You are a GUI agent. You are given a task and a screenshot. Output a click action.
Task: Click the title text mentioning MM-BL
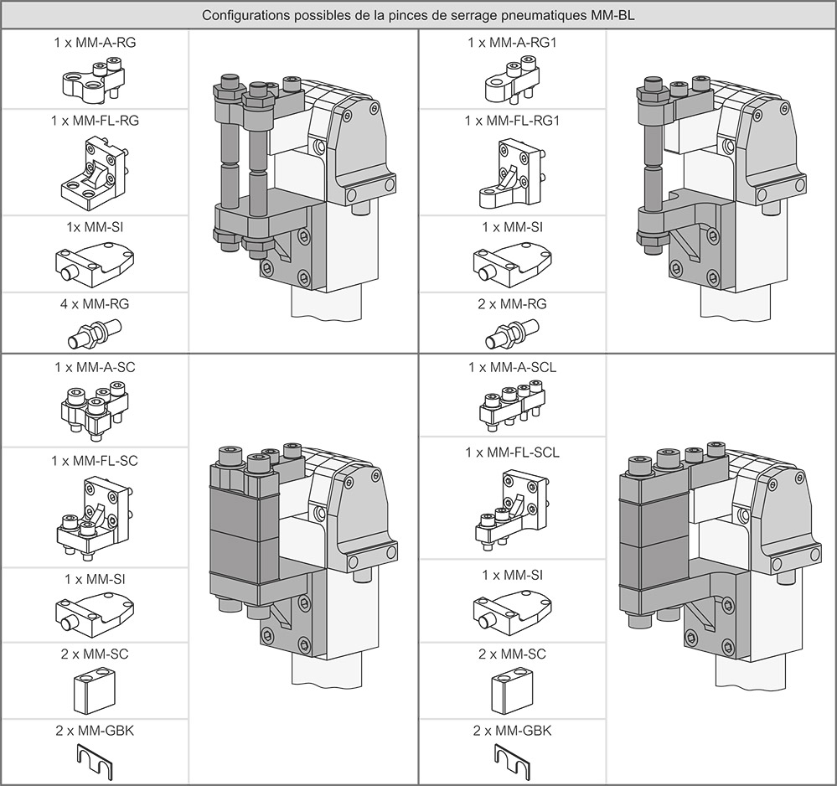coord(419,15)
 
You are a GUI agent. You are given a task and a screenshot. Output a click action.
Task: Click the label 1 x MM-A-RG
coord(95,43)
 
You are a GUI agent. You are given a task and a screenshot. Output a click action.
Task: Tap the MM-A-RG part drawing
coord(94,80)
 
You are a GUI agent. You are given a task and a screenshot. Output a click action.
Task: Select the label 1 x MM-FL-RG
coord(95,122)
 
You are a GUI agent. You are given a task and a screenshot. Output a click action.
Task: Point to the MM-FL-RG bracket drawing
coord(94,173)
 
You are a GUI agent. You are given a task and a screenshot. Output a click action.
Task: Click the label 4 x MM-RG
coord(95,304)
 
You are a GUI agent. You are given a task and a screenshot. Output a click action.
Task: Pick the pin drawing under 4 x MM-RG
coord(95,334)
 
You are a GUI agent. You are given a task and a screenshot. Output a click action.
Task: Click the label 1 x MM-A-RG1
coord(513,43)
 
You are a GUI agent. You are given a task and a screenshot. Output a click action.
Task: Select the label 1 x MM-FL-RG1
coord(513,122)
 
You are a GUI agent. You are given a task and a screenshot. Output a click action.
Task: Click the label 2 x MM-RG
coord(513,304)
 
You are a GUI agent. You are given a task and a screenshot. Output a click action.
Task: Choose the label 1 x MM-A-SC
coord(95,367)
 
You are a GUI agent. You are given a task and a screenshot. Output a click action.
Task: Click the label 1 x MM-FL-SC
coord(95,461)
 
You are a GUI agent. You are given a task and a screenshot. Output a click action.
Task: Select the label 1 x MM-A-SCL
coord(513,367)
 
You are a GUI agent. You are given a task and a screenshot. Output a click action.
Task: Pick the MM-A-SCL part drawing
coord(513,408)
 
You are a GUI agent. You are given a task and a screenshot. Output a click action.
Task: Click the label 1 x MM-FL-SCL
coord(513,452)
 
